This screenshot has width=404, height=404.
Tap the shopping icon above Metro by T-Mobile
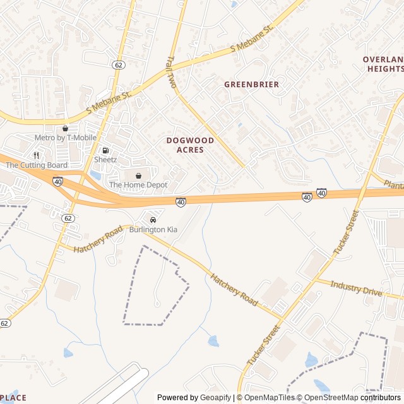click(x=64, y=128)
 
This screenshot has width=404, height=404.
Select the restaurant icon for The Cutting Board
click(x=37, y=155)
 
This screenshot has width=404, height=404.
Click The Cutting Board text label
click(x=37, y=165)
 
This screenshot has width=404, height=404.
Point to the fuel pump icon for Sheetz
click(x=105, y=150)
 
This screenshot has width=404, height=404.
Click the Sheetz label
click(x=105, y=160)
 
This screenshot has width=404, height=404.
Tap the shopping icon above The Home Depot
click(x=138, y=175)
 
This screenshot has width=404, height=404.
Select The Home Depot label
click(x=138, y=185)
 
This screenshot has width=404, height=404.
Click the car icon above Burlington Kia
click(x=153, y=220)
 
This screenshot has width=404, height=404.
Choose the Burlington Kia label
click(x=153, y=230)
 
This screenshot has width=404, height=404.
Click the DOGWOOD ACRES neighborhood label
click(x=190, y=145)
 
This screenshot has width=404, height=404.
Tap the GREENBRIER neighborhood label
click(x=251, y=84)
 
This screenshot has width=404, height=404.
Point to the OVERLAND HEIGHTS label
click(x=383, y=64)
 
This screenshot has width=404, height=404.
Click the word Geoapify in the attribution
click(x=215, y=398)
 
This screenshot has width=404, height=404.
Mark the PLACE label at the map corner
click(x=13, y=398)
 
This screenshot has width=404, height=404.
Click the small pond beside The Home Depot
click(x=96, y=175)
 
